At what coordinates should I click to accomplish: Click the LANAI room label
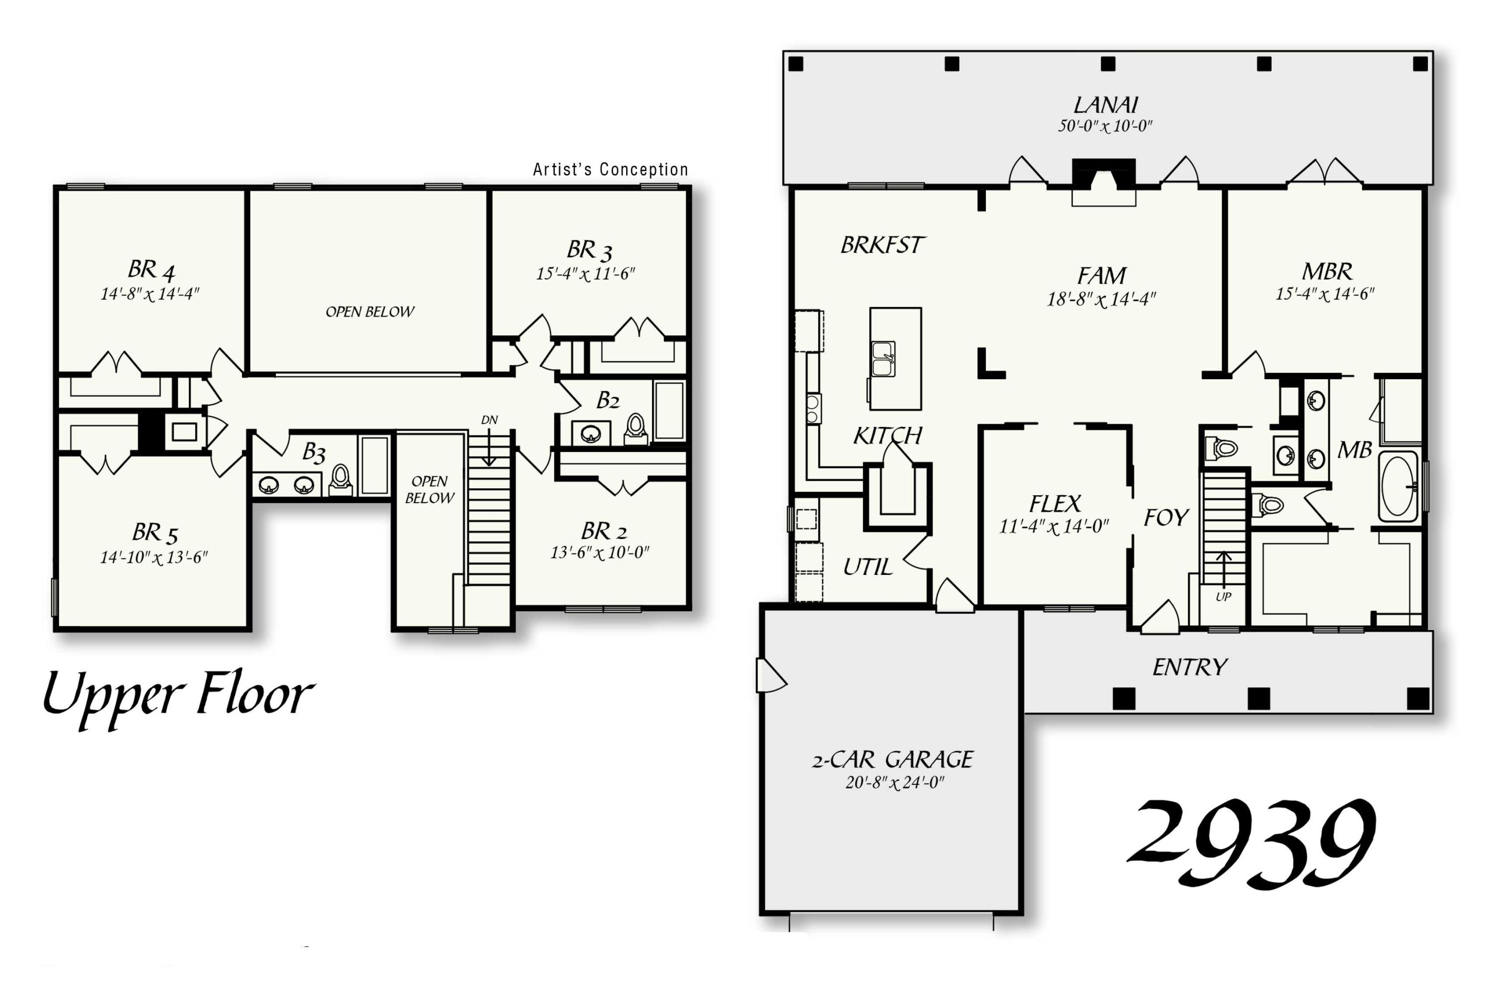click(1105, 105)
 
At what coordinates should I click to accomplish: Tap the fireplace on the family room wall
click(1103, 176)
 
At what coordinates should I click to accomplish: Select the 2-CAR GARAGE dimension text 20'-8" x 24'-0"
click(894, 782)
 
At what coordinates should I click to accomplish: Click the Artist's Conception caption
click(610, 169)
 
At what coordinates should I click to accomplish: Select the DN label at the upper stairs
click(489, 420)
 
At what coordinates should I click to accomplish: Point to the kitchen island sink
click(883, 359)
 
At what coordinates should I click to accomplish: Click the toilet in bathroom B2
click(636, 428)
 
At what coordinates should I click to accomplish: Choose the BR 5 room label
click(155, 533)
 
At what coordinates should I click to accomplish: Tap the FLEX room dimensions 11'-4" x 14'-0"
click(1054, 526)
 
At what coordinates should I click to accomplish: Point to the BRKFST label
click(882, 245)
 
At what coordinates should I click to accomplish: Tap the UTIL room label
click(867, 567)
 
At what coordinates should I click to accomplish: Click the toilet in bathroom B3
click(340, 479)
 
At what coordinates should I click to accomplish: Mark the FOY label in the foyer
click(1166, 518)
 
